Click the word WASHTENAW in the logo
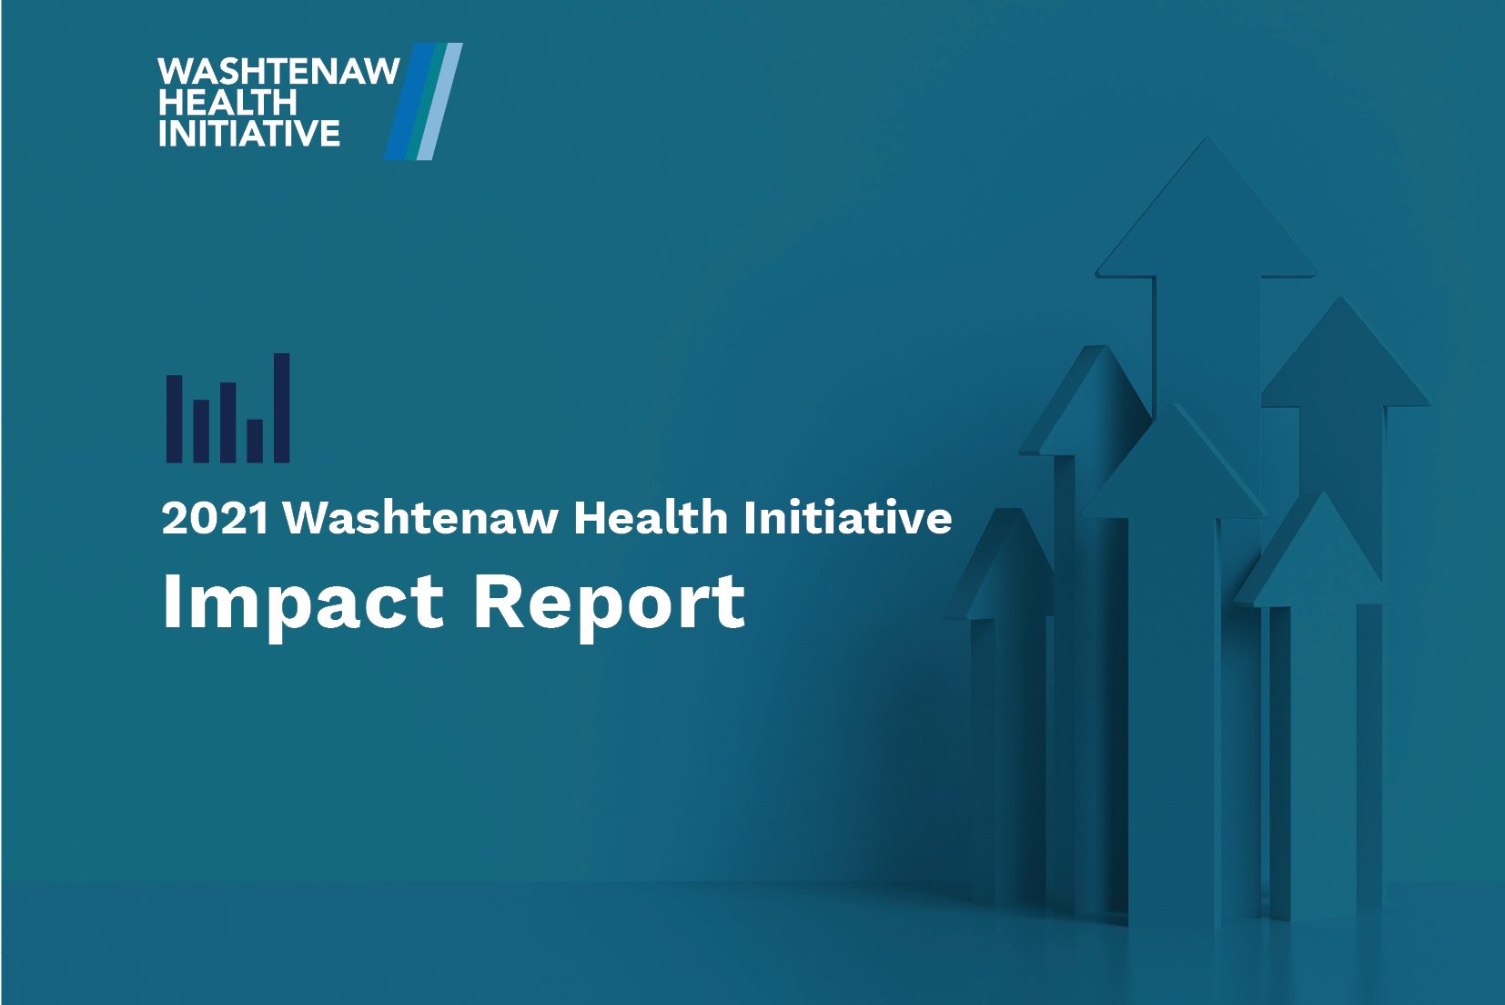click(278, 71)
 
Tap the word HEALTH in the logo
click(227, 102)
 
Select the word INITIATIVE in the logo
click(249, 133)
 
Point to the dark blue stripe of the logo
click(407, 102)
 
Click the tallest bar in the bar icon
click(281, 408)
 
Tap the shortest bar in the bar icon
click(255, 441)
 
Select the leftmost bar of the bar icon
click(174, 418)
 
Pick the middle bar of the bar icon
click(227, 422)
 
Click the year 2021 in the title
click(215, 519)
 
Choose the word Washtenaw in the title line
click(420, 518)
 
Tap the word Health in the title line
click(651, 518)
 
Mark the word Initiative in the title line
click(847, 518)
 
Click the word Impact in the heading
click(302, 603)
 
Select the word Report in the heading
click(610, 603)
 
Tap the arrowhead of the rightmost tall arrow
click(1344, 356)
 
